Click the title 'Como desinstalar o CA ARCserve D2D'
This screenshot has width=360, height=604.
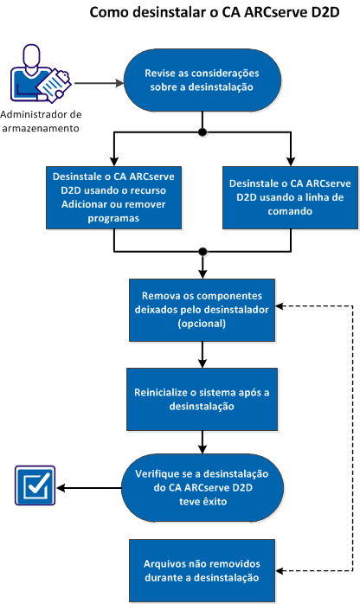(212, 16)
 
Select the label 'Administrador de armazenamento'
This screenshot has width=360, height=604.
(41, 122)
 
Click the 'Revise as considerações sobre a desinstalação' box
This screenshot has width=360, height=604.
(202, 78)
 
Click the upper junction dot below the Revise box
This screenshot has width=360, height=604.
(202, 132)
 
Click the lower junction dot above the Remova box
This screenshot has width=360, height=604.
(202, 251)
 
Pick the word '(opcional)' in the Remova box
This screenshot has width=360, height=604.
(202, 324)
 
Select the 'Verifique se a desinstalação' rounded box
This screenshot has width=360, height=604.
(202, 485)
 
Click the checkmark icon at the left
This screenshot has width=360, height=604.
(35, 485)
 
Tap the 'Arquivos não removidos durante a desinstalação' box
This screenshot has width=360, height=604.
(202, 570)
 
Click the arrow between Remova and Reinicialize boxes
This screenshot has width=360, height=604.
(202, 351)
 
